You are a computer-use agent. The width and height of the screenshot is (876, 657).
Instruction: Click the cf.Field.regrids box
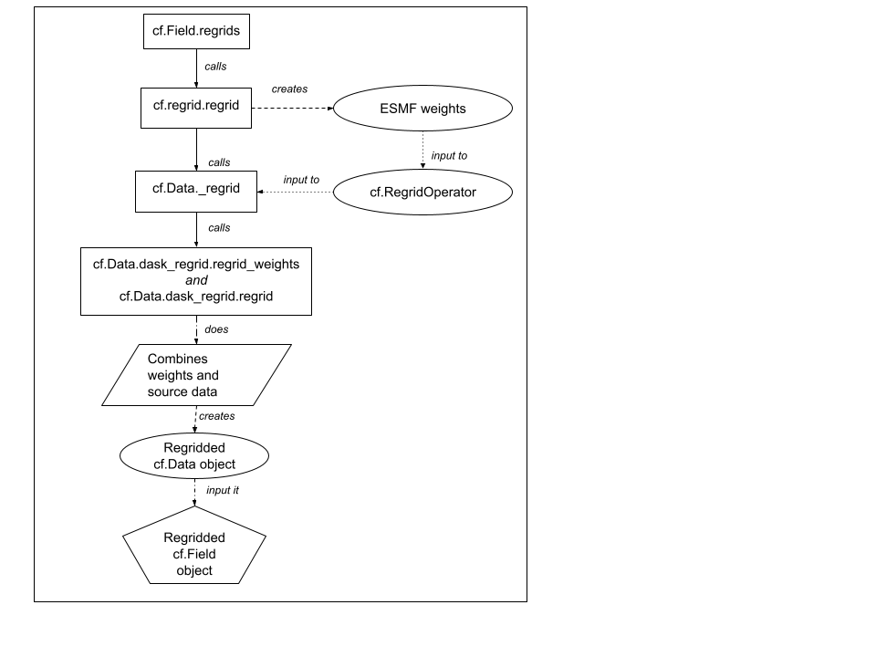click(x=196, y=33)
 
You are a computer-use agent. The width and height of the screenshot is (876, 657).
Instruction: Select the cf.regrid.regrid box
click(x=196, y=107)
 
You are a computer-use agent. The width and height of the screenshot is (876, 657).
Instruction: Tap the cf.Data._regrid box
click(x=196, y=190)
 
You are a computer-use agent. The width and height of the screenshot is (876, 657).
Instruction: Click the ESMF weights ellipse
click(x=422, y=109)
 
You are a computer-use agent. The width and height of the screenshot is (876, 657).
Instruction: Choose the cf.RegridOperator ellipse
click(x=422, y=193)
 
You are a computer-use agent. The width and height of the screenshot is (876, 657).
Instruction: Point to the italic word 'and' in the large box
click(x=196, y=280)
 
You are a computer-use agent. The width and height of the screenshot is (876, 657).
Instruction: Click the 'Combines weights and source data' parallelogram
click(x=196, y=375)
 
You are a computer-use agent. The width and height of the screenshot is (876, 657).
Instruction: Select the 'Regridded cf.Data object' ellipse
click(x=194, y=456)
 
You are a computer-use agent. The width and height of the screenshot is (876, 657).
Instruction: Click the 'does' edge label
click(x=217, y=329)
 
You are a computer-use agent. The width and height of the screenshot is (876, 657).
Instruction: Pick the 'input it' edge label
click(x=224, y=490)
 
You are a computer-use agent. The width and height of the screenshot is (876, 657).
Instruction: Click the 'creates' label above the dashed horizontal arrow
click(x=290, y=89)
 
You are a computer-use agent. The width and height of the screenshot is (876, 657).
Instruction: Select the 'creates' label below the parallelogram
click(x=216, y=416)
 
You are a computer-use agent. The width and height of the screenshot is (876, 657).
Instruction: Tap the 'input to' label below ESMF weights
click(x=449, y=156)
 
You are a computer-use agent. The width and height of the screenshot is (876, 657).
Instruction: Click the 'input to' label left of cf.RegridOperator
click(x=302, y=180)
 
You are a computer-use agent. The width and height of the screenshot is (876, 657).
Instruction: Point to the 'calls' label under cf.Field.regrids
click(x=216, y=67)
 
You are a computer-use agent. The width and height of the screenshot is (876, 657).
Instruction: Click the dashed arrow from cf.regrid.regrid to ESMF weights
click(x=292, y=109)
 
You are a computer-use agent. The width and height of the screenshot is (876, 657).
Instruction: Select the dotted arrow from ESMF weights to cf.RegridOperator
click(x=422, y=151)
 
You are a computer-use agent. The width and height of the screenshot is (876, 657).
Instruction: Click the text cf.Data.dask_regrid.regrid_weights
click(x=196, y=264)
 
